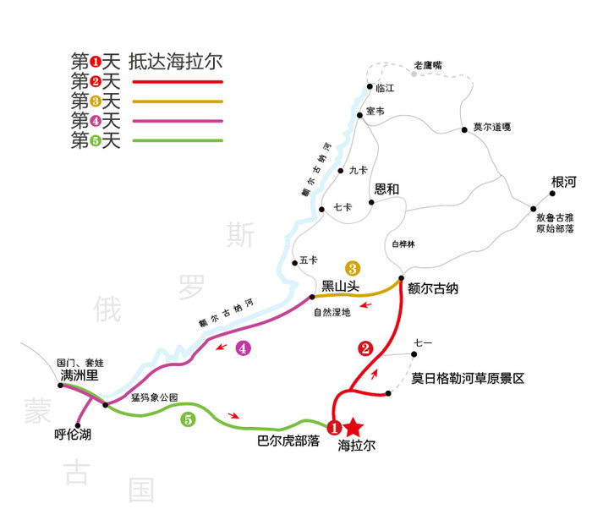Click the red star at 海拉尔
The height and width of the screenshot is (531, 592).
[x=354, y=429]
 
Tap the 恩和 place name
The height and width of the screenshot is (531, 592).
[x=386, y=189]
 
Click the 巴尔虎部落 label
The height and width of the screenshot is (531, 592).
[x=288, y=441]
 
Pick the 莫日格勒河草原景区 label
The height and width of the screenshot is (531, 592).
[x=468, y=378]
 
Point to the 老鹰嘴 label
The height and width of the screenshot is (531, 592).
[x=428, y=65]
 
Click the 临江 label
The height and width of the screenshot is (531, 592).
[x=385, y=87]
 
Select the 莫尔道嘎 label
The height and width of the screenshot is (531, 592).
[x=491, y=128]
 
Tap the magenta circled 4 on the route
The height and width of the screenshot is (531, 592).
[x=244, y=348]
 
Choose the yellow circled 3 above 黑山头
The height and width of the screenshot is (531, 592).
[x=354, y=267]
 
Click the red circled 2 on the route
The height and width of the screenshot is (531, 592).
[x=365, y=348]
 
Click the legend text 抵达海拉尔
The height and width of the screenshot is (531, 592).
[x=180, y=62]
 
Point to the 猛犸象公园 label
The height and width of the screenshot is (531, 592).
[x=155, y=396]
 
